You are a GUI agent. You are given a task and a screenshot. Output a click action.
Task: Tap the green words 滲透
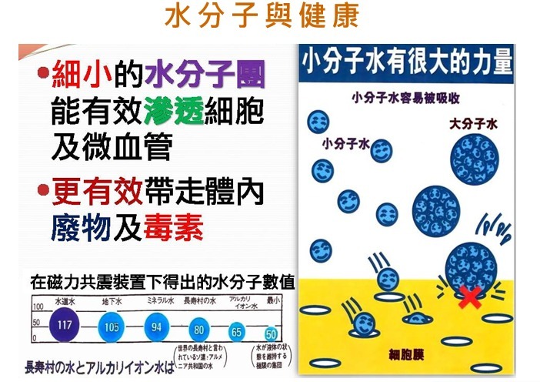coord(173,113)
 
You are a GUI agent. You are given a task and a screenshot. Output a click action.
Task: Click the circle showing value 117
coord(65,325)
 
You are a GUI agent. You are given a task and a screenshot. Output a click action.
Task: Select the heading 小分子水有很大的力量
coord(405,62)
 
